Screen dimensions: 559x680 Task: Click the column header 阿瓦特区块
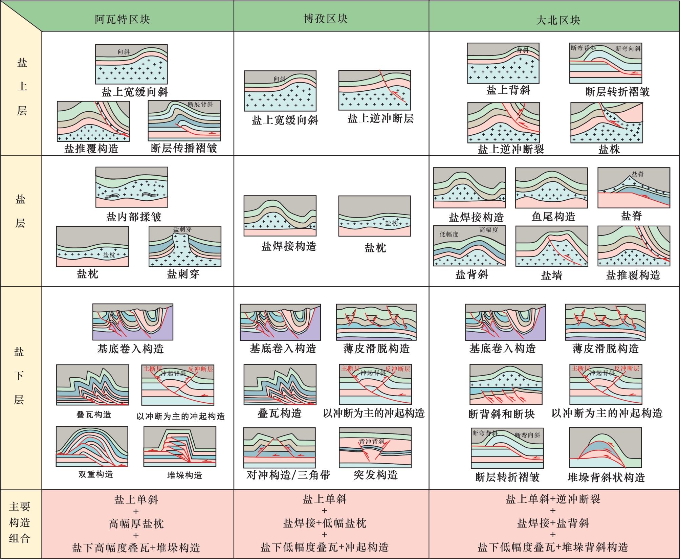pyautogui.click(x=122, y=20)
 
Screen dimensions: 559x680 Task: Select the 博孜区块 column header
pyautogui.click(x=326, y=19)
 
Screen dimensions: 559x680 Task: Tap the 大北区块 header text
pyautogui.click(x=558, y=20)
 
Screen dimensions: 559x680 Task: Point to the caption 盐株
pyautogui.click(x=609, y=149)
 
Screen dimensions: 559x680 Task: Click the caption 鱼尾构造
pyautogui.click(x=553, y=217)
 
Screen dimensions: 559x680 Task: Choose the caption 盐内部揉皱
pyautogui.click(x=134, y=217)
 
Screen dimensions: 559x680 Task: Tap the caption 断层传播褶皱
pyautogui.click(x=184, y=148)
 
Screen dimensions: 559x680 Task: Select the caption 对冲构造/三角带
pyautogui.click(x=288, y=475)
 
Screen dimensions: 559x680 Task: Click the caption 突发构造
pyautogui.click(x=375, y=475)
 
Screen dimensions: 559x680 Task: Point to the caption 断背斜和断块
pyautogui.click(x=501, y=414)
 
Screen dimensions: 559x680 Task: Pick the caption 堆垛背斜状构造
pyautogui.click(x=606, y=477)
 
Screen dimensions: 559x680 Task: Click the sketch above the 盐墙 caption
pyautogui.click(x=552, y=246)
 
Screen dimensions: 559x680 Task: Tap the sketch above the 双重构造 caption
pyautogui.click(x=92, y=446)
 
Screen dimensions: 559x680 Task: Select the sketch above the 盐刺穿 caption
pyautogui.click(x=185, y=246)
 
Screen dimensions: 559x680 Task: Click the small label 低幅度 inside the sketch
pyautogui.click(x=449, y=234)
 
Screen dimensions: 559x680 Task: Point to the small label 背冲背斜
pyautogui.click(x=371, y=442)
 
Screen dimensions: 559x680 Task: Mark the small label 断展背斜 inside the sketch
pyautogui.click(x=200, y=104)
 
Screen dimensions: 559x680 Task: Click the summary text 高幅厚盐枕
pyautogui.click(x=136, y=524)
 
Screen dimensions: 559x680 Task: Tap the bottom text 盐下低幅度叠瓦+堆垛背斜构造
pyautogui.click(x=553, y=547)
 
